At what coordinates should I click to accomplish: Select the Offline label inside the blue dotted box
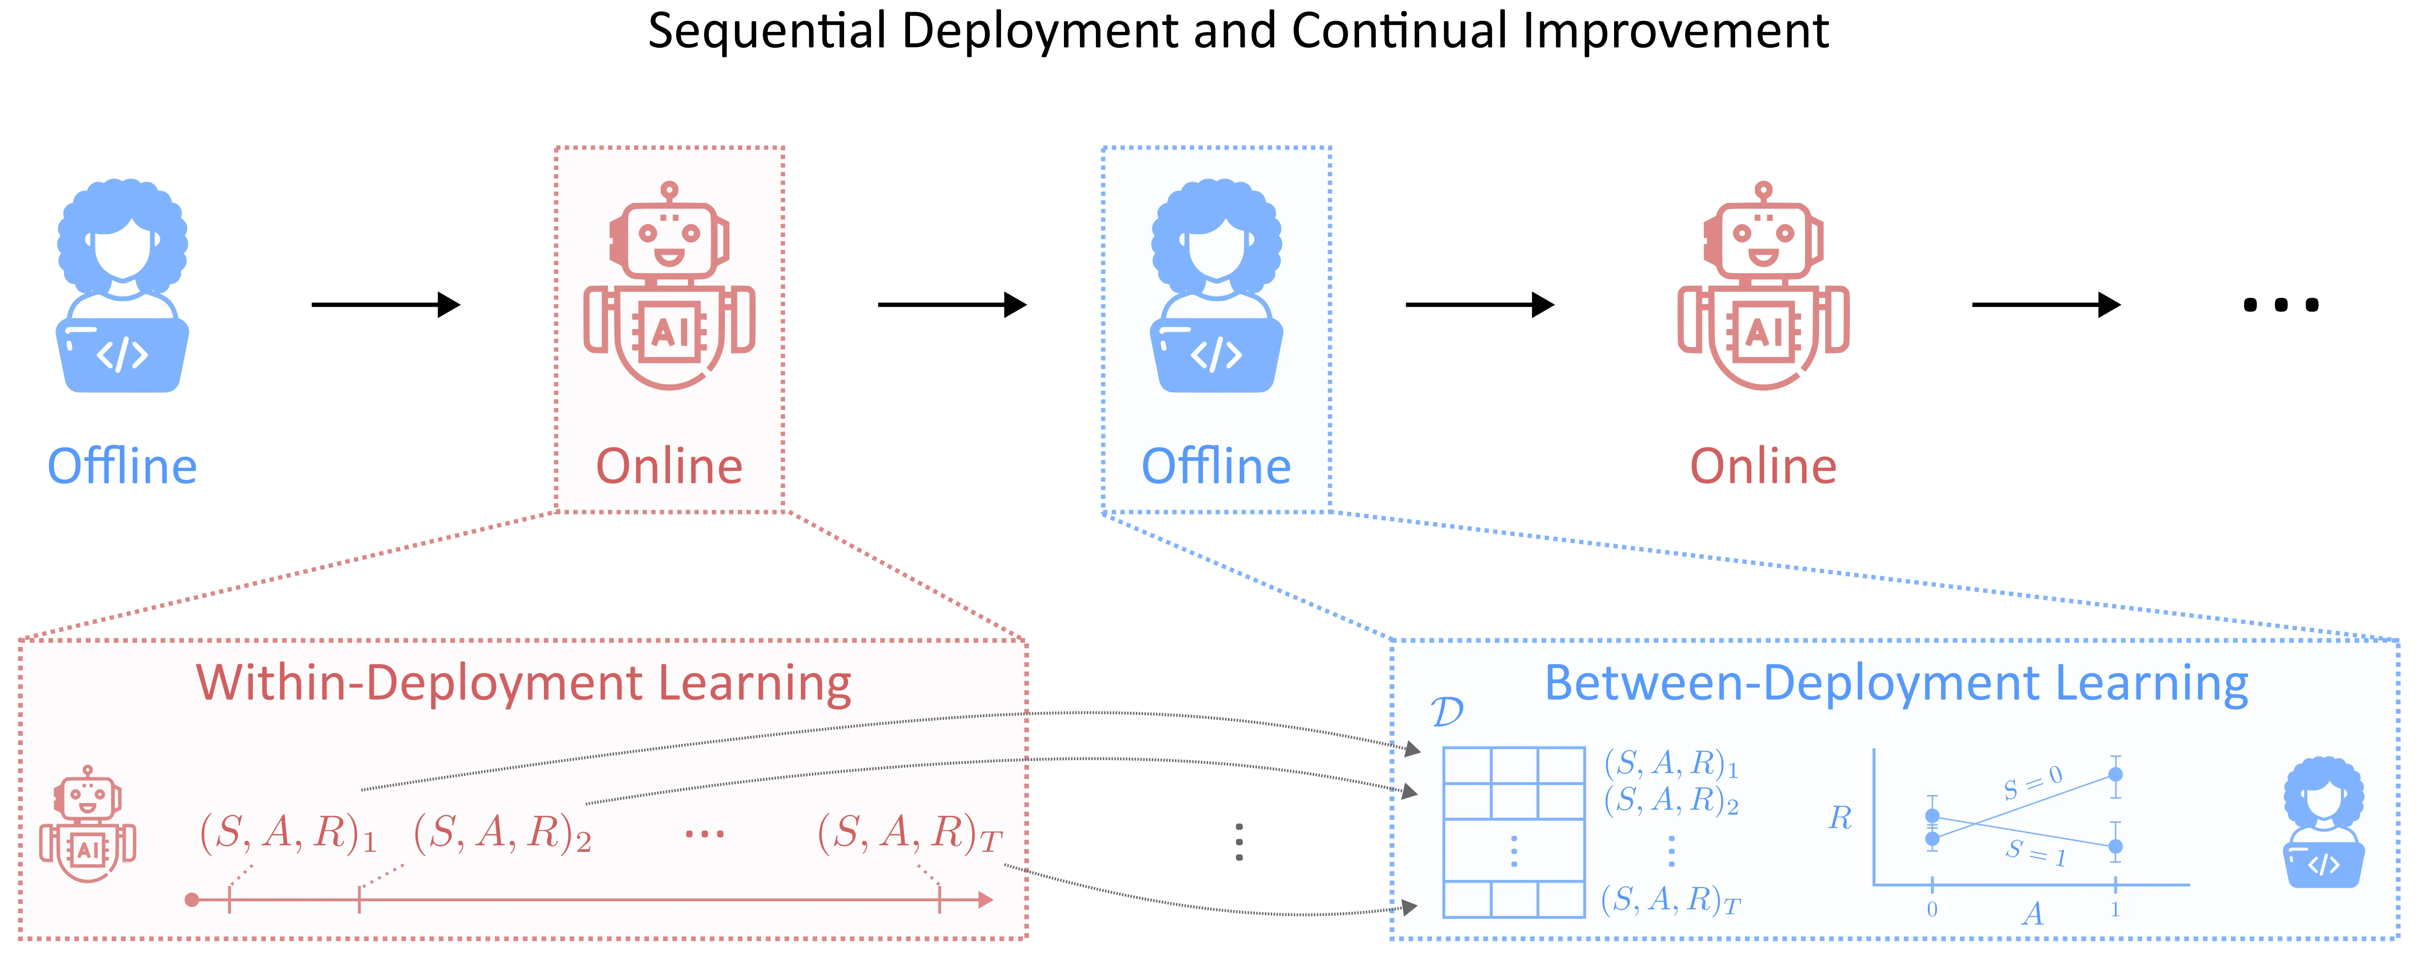[1216, 467]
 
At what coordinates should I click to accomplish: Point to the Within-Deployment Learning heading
[523, 684]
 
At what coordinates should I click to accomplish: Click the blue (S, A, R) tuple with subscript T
[1671, 901]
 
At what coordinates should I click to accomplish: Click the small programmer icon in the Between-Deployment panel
[2323, 823]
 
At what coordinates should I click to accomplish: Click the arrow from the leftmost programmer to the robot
[385, 304]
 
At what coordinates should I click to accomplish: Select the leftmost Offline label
[122, 467]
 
